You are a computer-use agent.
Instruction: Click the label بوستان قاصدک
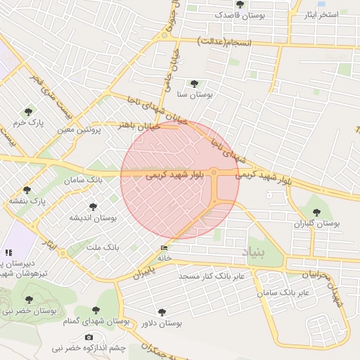pyautogui.click(x=240, y=15)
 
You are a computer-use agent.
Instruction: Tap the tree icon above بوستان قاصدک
pyautogui.click(x=240, y=5)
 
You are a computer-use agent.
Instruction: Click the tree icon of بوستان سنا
pyautogui.click(x=194, y=84)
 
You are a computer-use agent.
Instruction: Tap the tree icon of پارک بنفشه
pyautogui.click(x=27, y=190)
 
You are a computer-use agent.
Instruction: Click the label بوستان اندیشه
pyautogui.click(x=92, y=219)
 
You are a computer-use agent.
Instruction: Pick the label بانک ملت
pyautogui.click(x=102, y=247)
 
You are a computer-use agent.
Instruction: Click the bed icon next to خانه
pyautogui.click(x=165, y=248)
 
